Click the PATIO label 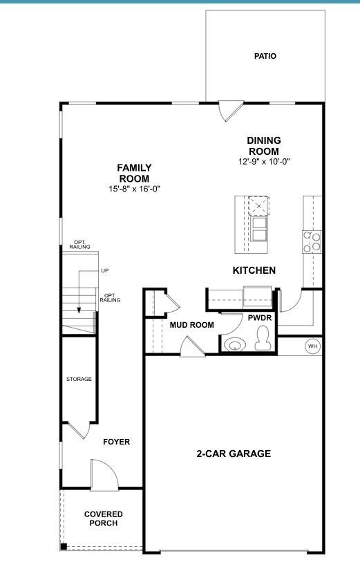coord(265,56)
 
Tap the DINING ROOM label coord(264,146)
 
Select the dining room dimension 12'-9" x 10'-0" coord(264,162)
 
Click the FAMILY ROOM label coord(134,173)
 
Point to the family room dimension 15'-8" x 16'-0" coord(134,189)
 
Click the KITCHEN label coord(254,270)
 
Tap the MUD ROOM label coord(191,324)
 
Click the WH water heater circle coord(312,346)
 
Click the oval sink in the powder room coord(235,344)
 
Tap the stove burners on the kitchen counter coord(312,241)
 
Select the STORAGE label coord(79,379)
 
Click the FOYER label coord(116,442)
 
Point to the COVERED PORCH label coord(104,519)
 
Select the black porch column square coord(64,547)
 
